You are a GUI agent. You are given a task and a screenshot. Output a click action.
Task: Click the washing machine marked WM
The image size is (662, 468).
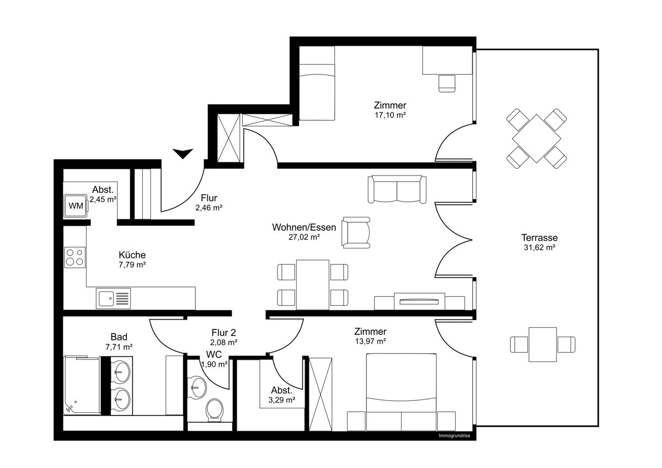(75, 206)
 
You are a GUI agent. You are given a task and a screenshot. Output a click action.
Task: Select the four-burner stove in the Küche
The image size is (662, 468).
(75, 257)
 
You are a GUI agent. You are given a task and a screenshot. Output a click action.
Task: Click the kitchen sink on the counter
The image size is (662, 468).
(114, 299)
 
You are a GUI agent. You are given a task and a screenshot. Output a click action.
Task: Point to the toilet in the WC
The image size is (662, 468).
(214, 410)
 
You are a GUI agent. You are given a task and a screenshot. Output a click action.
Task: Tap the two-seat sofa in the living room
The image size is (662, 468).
(397, 189)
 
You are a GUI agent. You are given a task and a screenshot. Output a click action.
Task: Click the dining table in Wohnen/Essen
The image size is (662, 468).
(312, 284)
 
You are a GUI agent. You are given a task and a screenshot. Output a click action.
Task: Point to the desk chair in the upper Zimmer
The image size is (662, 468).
(447, 83)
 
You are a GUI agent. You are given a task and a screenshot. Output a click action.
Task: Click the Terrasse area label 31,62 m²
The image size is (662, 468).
(539, 248)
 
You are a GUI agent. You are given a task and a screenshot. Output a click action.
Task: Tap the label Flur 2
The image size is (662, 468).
(224, 332)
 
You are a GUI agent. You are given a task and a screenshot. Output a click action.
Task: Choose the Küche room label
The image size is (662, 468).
(132, 255)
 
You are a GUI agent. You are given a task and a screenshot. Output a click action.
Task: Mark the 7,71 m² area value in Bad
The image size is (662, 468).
(119, 347)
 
